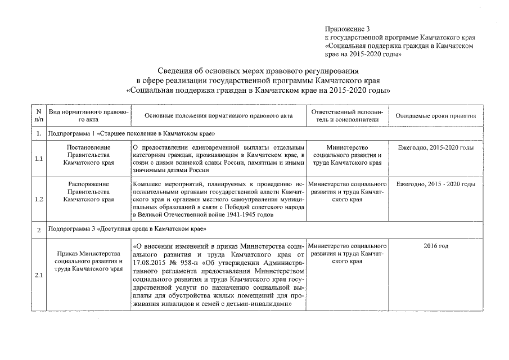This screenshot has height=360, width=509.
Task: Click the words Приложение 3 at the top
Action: point(348,29)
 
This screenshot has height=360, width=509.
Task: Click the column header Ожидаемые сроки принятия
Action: point(436,116)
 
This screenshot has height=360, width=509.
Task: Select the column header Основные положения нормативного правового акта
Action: point(219,116)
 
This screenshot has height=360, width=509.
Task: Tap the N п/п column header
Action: point(38,116)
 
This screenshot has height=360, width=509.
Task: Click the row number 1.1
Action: point(38,159)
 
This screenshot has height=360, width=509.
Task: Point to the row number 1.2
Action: point(38,199)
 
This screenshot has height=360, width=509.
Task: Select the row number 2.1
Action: point(38,275)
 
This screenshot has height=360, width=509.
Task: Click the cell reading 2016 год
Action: point(436,246)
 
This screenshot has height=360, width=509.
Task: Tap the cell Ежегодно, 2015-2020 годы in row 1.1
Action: point(436,147)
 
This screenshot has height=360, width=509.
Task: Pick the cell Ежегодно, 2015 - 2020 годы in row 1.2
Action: point(436,184)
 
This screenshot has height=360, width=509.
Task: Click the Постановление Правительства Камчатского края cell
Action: point(89,155)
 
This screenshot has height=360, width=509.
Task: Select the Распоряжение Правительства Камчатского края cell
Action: point(89,191)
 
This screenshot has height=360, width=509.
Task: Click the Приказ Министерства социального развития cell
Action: point(89,261)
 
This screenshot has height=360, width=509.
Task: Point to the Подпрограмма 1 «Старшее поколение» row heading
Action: point(132,134)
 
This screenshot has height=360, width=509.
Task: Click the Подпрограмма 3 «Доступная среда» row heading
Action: point(127,229)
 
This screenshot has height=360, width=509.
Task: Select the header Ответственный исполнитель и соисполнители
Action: point(349,116)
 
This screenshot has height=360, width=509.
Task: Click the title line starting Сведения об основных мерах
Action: point(258,71)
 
